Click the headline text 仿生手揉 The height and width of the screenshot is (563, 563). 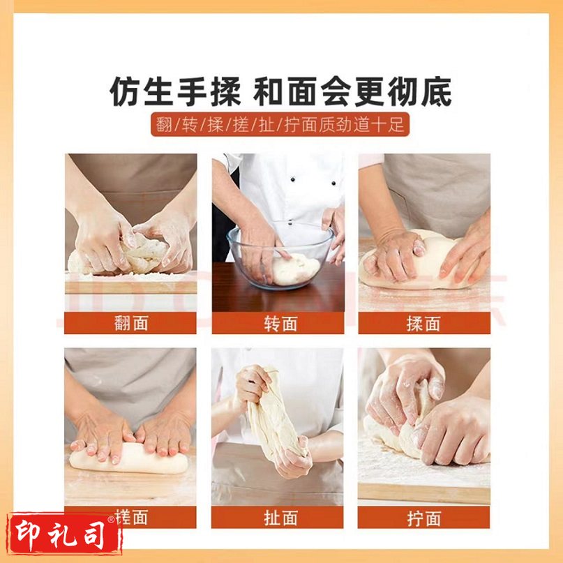(x=175, y=91)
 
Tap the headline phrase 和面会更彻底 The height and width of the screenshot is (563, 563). (x=352, y=91)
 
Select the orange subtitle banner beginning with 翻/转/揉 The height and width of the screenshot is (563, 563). (x=280, y=124)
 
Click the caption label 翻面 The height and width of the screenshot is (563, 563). (x=130, y=323)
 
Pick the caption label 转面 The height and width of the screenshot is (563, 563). (x=280, y=323)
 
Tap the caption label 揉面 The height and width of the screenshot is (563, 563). (x=423, y=323)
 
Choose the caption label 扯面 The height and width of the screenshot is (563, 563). (x=280, y=518)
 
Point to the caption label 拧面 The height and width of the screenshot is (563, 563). (x=423, y=518)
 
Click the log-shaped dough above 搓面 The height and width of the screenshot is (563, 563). (x=128, y=458)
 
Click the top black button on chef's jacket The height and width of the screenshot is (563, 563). (x=293, y=179)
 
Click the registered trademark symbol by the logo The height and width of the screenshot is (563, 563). (x=111, y=519)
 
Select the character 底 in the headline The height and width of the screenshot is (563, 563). (x=436, y=91)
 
